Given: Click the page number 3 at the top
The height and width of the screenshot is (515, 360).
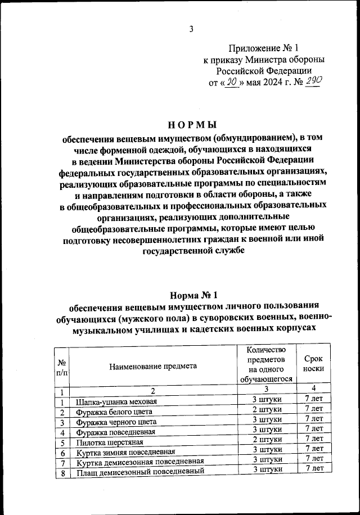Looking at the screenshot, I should click(x=191, y=29).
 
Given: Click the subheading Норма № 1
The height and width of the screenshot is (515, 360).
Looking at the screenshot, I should click(x=192, y=295).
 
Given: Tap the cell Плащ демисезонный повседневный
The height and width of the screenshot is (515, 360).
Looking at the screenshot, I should click(x=139, y=472).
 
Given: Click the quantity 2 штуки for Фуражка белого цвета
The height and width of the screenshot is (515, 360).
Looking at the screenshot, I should click(x=267, y=409).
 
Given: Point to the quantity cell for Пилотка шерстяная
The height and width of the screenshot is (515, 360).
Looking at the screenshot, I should click(x=267, y=439).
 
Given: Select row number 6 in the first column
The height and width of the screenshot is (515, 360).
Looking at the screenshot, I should click(x=62, y=453).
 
